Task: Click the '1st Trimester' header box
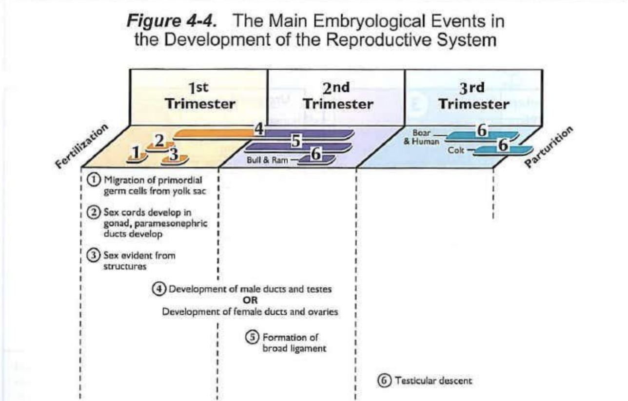199,96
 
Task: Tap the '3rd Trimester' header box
473,96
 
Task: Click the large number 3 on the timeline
172,154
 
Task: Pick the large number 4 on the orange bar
259,129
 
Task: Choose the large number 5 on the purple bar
295,140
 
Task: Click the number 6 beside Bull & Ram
315,154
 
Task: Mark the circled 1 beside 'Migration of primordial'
91,180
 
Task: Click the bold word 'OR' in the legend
250,300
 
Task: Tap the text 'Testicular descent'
433,381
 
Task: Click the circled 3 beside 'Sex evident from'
91,255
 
